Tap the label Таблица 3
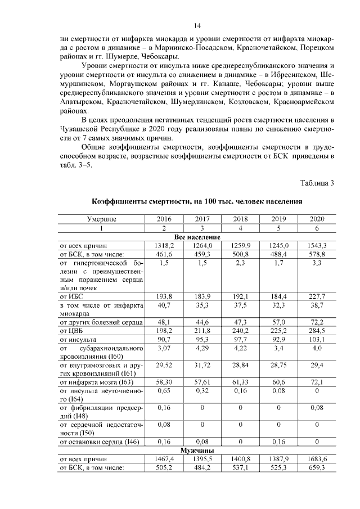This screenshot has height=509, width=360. (x=317, y=183)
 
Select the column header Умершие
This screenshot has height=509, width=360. (x=102, y=219)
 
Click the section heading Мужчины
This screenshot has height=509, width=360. (x=196, y=451)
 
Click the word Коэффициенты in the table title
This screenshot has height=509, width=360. (x=120, y=201)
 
